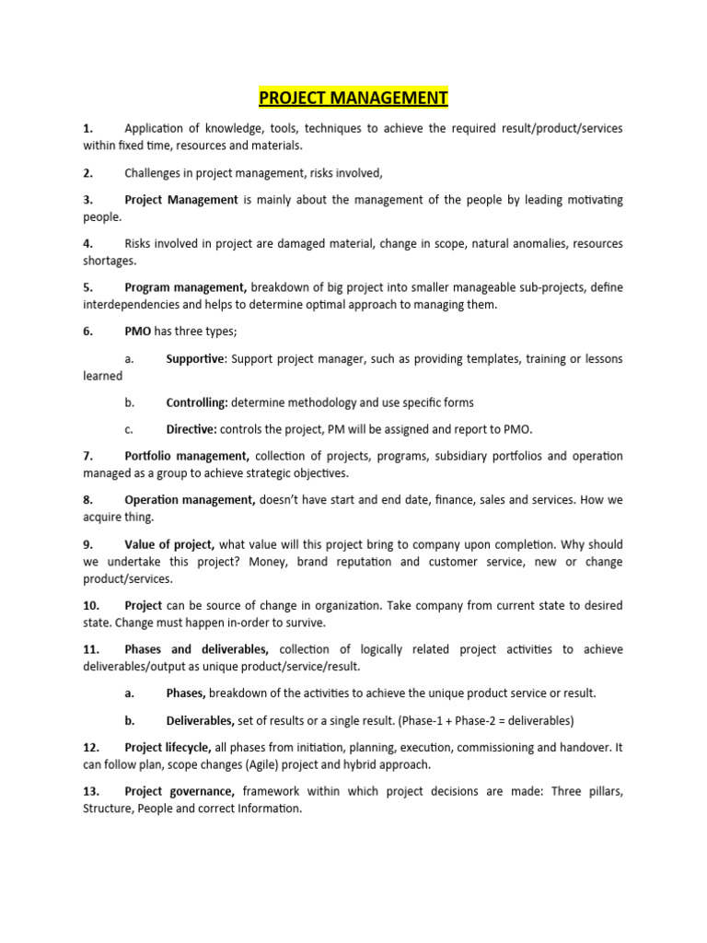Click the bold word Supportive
click(x=195, y=358)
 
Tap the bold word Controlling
click(x=197, y=402)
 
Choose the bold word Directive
click(x=191, y=429)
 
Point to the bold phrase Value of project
click(x=169, y=544)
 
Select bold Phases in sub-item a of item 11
click(x=186, y=693)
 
